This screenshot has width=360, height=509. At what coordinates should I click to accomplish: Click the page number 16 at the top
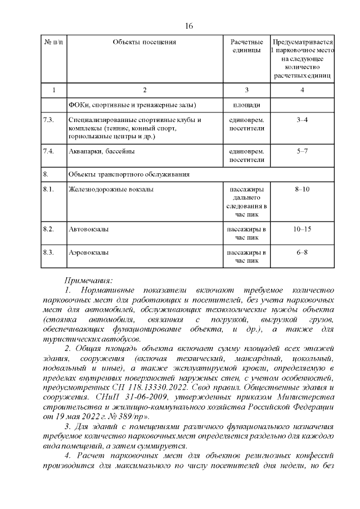click(189, 26)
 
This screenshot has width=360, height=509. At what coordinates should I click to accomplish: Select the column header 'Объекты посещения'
click(145, 42)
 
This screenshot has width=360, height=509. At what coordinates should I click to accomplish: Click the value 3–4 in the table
click(302, 120)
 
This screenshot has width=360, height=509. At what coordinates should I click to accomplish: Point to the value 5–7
click(302, 151)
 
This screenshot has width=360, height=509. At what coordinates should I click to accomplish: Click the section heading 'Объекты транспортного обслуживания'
click(128, 174)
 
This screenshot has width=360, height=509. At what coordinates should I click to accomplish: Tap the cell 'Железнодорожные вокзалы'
click(110, 190)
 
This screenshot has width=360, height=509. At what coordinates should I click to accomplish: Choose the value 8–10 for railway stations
click(302, 190)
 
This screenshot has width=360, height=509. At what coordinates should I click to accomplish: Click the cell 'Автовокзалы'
click(88, 229)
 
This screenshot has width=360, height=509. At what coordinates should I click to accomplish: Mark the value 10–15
click(302, 229)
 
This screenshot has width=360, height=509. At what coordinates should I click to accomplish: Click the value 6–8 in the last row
click(302, 253)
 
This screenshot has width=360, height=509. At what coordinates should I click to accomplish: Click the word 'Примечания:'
click(89, 280)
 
